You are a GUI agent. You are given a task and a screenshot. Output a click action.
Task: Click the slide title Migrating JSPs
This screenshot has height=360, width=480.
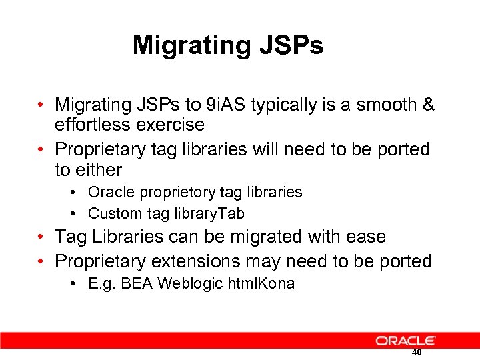[x=228, y=45]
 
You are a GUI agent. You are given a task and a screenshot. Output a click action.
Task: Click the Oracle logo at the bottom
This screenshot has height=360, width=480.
[x=405, y=341]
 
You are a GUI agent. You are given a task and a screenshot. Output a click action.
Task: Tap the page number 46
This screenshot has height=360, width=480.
[x=417, y=353]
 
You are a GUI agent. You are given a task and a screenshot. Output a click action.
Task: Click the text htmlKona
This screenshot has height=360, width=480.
[x=261, y=284]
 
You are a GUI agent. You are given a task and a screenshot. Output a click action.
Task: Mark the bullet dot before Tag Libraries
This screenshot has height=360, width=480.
[x=41, y=237]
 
